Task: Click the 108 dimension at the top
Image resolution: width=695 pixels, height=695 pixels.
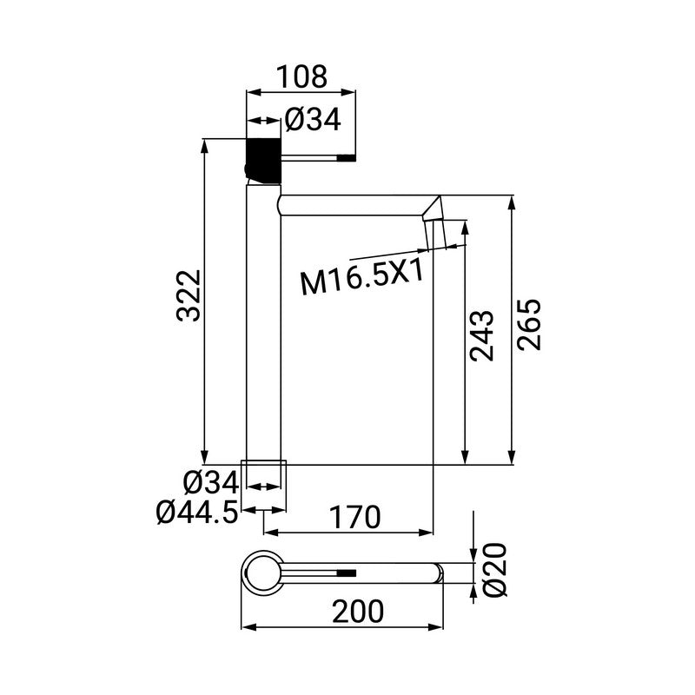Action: pos(301,76)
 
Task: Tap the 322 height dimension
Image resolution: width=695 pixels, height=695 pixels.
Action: pos(189,295)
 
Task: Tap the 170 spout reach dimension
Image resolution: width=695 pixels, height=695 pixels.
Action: pos(354,518)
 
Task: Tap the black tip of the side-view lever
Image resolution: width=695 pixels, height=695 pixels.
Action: pos(347,158)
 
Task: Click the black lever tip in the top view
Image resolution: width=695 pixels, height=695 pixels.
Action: pos(347,573)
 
